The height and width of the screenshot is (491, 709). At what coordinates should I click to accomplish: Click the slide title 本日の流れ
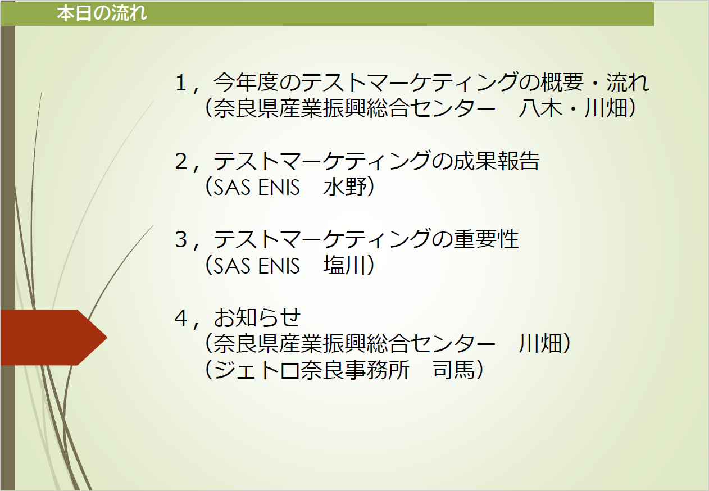pyautogui.click(x=102, y=13)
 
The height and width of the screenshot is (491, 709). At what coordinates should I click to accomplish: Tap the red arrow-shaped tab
pyautogui.click(x=53, y=338)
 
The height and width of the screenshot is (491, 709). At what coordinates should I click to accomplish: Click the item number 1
pyautogui.click(x=181, y=83)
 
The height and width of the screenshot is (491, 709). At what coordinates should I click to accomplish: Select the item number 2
pyautogui.click(x=181, y=161)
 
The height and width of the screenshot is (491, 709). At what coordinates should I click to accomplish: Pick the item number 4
pyautogui.click(x=181, y=318)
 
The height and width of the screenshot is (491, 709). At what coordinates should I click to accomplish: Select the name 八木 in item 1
pyautogui.click(x=540, y=108)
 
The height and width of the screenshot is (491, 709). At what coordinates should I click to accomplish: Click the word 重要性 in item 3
pyautogui.click(x=486, y=239)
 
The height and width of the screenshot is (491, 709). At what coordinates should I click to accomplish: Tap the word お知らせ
pyautogui.click(x=257, y=317)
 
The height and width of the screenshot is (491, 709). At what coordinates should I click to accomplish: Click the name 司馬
pyautogui.click(x=454, y=370)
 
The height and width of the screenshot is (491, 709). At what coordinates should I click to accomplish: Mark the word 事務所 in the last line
pyautogui.click(x=377, y=370)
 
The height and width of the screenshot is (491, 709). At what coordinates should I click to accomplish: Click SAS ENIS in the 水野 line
pyautogui.click(x=257, y=187)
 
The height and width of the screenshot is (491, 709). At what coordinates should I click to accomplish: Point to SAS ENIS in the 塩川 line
pyautogui.click(x=257, y=265)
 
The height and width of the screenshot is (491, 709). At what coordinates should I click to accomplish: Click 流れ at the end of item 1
pyautogui.click(x=628, y=83)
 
